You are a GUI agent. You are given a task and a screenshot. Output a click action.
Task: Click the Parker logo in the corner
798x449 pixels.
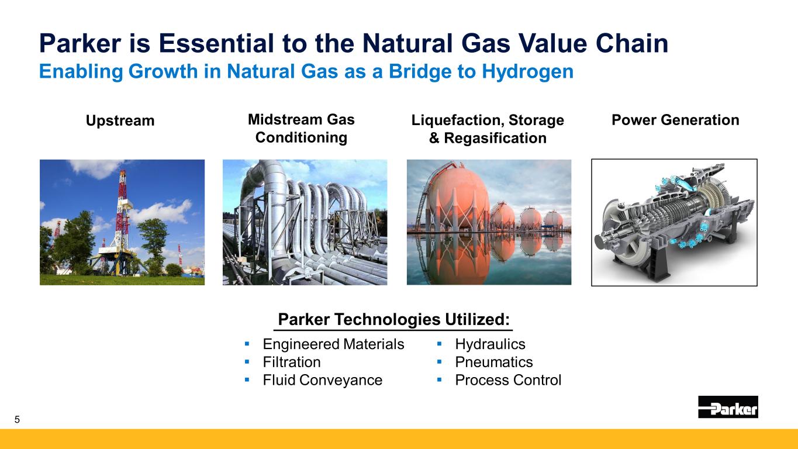pyautogui.click(x=728, y=406)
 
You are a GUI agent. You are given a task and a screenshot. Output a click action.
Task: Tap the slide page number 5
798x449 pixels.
pyautogui.click(x=17, y=419)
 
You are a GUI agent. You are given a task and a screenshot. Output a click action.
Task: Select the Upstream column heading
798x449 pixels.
pyautogui.click(x=120, y=120)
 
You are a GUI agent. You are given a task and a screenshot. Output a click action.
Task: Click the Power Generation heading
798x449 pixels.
pyautogui.click(x=675, y=120)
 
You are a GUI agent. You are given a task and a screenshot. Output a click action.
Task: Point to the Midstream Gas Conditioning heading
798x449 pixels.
pyautogui.click(x=302, y=129)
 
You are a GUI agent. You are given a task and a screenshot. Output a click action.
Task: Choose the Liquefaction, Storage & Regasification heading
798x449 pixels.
pyautogui.click(x=488, y=129)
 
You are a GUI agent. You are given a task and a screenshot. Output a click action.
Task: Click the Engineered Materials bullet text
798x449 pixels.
pyautogui.click(x=333, y=344)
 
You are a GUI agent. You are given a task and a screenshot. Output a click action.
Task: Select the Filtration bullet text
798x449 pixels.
pyautogui.click(x=292, y=362)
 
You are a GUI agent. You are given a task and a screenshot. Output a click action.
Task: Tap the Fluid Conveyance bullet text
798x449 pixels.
pyautogui.click(x=322, y=380)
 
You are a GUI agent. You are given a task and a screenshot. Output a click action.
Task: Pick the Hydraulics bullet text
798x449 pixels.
pyautogui.click(x=490, y=344)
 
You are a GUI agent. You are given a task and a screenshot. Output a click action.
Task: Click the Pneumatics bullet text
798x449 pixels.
pyautogui.click(x=494, y=362)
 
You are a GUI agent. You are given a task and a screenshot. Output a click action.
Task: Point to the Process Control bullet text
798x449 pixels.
pyautogui.click(x=508, y=380)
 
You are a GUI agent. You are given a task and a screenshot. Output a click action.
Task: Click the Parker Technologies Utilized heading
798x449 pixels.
pyautogui.click(x=393, y=319)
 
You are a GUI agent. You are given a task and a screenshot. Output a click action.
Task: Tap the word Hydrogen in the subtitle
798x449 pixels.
pyautogui.click(x=527, y=72)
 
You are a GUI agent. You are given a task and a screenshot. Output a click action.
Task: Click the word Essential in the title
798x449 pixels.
pyautogui.click(x=216, y=43)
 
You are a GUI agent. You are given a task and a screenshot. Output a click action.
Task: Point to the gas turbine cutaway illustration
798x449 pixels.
pyautogui.click(x=674, y=223)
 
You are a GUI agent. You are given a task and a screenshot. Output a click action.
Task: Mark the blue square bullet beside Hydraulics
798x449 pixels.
pyautogui.click(x=439, y=344)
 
